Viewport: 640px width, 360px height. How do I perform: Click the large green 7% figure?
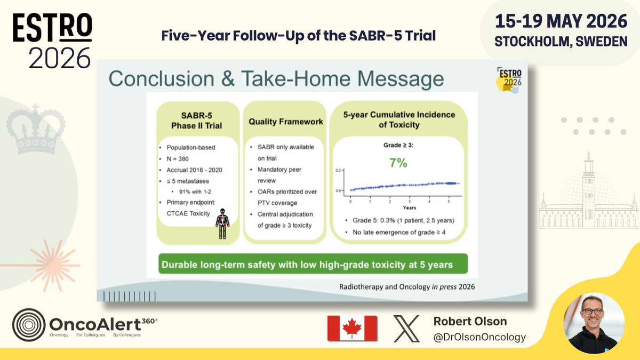[x=398, y=163]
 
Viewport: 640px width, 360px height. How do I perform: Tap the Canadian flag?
[x=352, y=329]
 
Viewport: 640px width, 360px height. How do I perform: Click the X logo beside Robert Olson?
[x=406, y=329]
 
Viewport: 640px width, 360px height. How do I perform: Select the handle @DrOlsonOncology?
[x=479, y=337]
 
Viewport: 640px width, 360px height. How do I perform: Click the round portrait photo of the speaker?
[x=594, y=323]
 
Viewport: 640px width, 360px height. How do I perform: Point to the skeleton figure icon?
[x=222, y=223]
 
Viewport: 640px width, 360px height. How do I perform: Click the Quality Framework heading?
[x=286, y=122]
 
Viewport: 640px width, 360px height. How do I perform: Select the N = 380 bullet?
[x=178, y=159]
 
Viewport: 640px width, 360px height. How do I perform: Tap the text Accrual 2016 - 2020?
[x=194, y=170]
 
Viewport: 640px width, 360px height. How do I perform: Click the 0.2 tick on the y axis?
[x=338, y=171]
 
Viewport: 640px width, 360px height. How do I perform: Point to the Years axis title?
[x=410, y=207]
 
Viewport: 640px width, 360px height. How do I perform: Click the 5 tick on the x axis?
[x=449, y=202]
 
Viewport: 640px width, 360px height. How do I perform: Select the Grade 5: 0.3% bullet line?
[x=403, y=221]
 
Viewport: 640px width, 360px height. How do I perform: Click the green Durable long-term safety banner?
[x=313, y=263]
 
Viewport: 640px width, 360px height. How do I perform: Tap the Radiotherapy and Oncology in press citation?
[x=407, y=287]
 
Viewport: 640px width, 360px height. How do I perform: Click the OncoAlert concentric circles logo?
[x=29, y=325]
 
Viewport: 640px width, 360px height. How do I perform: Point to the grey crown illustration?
[x=36, y=129]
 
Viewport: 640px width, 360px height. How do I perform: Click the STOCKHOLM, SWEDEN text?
[x=561, y=42]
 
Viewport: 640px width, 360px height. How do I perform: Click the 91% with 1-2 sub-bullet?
[x=195, y=191]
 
